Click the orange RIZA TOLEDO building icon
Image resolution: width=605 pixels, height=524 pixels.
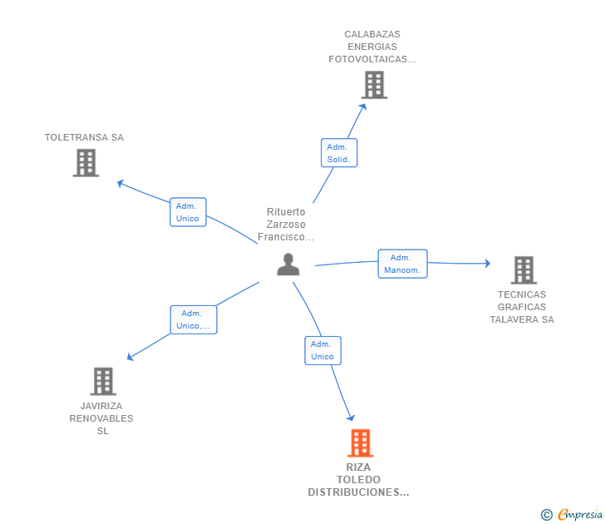pos(361,443)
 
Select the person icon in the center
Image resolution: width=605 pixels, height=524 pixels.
pos(288,264)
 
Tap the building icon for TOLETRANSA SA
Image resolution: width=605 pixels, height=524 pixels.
pos(86,163)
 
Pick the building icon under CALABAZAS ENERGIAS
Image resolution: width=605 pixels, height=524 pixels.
pos(374,85)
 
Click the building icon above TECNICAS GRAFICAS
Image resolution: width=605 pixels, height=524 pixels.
pos(524,270)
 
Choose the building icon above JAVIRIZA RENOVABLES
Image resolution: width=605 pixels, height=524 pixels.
pos(103,382)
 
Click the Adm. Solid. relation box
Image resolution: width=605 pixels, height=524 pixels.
pos(339,153)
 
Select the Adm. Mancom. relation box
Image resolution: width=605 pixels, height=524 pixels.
pos(402,264)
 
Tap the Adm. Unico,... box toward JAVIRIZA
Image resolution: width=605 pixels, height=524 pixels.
pos(194,319)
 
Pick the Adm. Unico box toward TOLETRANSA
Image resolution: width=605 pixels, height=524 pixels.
pos(188,212)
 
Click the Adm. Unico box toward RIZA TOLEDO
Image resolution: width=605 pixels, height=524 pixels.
pos(323,351)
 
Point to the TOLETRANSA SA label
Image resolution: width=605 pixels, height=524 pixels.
pos(84,137)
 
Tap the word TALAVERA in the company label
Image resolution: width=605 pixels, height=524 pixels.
pos(514,319)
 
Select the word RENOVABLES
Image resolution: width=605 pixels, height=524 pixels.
pos(101,418)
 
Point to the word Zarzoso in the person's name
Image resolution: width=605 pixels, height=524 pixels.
pos(286,225)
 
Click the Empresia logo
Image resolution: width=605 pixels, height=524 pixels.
pos(572,514)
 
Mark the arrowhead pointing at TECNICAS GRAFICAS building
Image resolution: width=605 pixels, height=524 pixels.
pos(488,264)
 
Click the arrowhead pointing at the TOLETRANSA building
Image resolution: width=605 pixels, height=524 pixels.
pos(121,184)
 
